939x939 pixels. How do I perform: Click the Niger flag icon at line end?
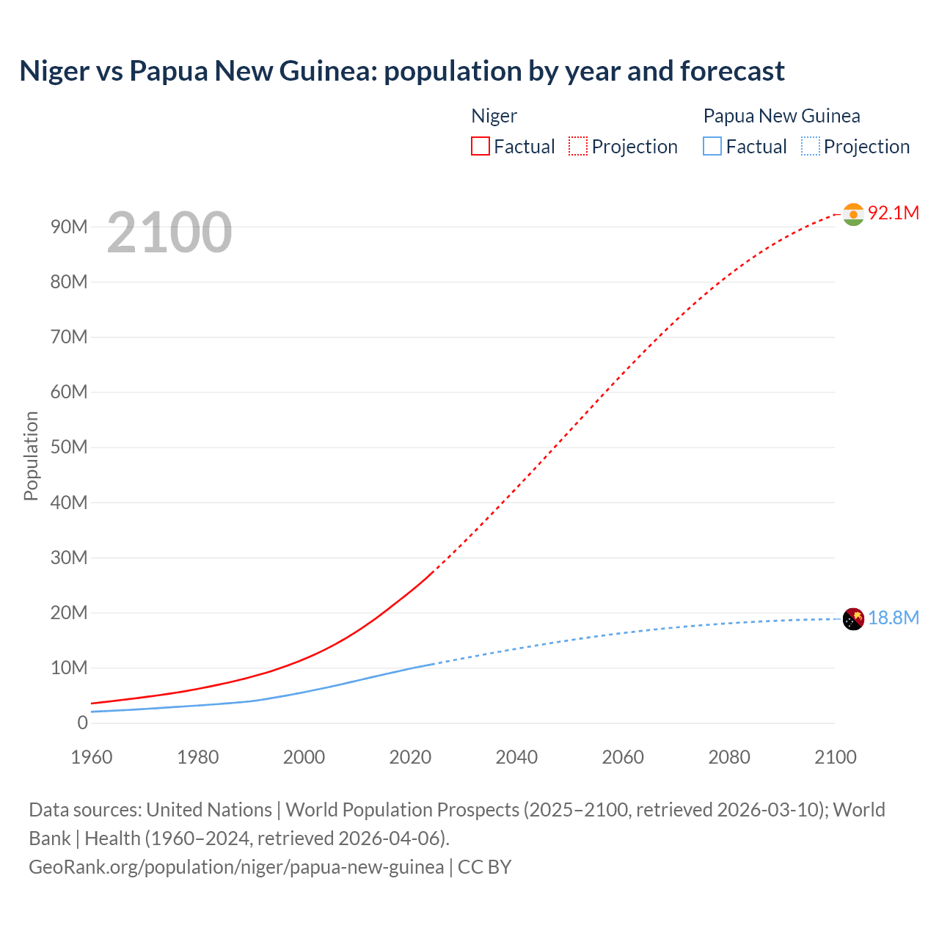tap(853, 214)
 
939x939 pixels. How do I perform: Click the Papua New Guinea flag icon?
tap(853, 619)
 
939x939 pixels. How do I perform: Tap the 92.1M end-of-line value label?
tap(893, 213)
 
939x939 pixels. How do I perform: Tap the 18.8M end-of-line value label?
tap(893, 618)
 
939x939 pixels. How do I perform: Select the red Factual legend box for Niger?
tap(480, 146)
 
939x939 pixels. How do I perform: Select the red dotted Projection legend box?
tap(578, 146)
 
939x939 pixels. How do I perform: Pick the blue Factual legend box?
tap(712, 146)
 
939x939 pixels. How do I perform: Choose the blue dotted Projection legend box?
tap(811, 146)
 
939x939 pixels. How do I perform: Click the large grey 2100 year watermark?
tap(169, 233)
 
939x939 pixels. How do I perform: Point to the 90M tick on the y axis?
tap(69, 227)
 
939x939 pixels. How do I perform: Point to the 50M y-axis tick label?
tap(69, 447)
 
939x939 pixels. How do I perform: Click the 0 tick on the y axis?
tap(82, 723)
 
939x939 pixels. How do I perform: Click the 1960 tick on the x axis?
tap(92, 757)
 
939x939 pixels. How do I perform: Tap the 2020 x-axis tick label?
tap(410, 757)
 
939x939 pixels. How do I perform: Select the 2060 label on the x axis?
tap(623, 757)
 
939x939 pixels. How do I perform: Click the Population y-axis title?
tap(31, 456)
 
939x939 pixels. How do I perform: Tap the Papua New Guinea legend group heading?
tap(781, 116)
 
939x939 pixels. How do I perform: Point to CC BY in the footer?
tap(484, 867)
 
